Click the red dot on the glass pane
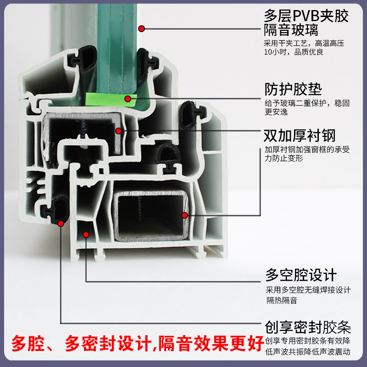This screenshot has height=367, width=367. click(142, 29)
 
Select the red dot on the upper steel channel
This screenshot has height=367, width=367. click(118, 131)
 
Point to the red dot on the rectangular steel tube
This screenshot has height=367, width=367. click(184, 215)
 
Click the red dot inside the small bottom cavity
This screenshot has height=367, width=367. click(86, 234)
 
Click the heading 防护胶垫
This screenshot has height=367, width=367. click(293, 89)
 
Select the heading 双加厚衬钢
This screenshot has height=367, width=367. click(300, 136)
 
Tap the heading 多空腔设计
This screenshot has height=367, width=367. click(301, 275)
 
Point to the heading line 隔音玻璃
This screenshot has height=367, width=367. click(291, 31)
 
